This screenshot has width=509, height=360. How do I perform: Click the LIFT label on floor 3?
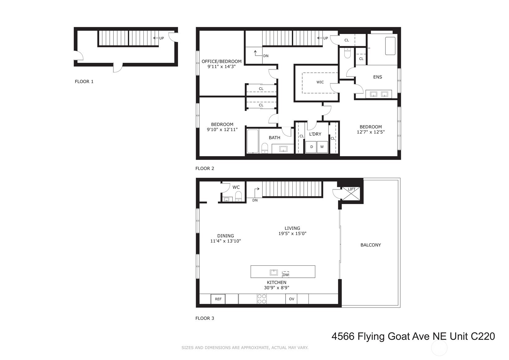pos(351,189)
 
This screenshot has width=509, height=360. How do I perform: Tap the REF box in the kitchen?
pos(218,299)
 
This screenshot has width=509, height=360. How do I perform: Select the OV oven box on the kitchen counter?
pos(291,299)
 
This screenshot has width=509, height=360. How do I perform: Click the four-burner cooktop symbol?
pos(262,299)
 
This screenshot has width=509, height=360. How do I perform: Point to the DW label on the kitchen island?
pos(286,274)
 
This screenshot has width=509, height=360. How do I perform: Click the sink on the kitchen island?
pos(274,272)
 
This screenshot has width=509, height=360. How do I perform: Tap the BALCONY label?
pos(371,245)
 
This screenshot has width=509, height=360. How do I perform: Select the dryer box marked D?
pos(312,147)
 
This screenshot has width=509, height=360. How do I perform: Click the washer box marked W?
pos(322,147)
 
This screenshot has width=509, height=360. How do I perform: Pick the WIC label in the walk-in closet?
pos(320,82)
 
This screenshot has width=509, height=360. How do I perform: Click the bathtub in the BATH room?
pos(252,141)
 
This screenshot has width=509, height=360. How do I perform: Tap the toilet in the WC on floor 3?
pos(238,196)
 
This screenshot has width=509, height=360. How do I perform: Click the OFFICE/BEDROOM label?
pos(221,61)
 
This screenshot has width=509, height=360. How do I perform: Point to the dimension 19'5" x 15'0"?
pos(292,234)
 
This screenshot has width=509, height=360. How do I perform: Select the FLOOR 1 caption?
pos(84,82)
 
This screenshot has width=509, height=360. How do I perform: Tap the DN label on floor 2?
pos(266,56)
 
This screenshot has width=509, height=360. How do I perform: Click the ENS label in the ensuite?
pos(377,77)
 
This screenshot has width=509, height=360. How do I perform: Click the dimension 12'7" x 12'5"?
pos(371,132)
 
